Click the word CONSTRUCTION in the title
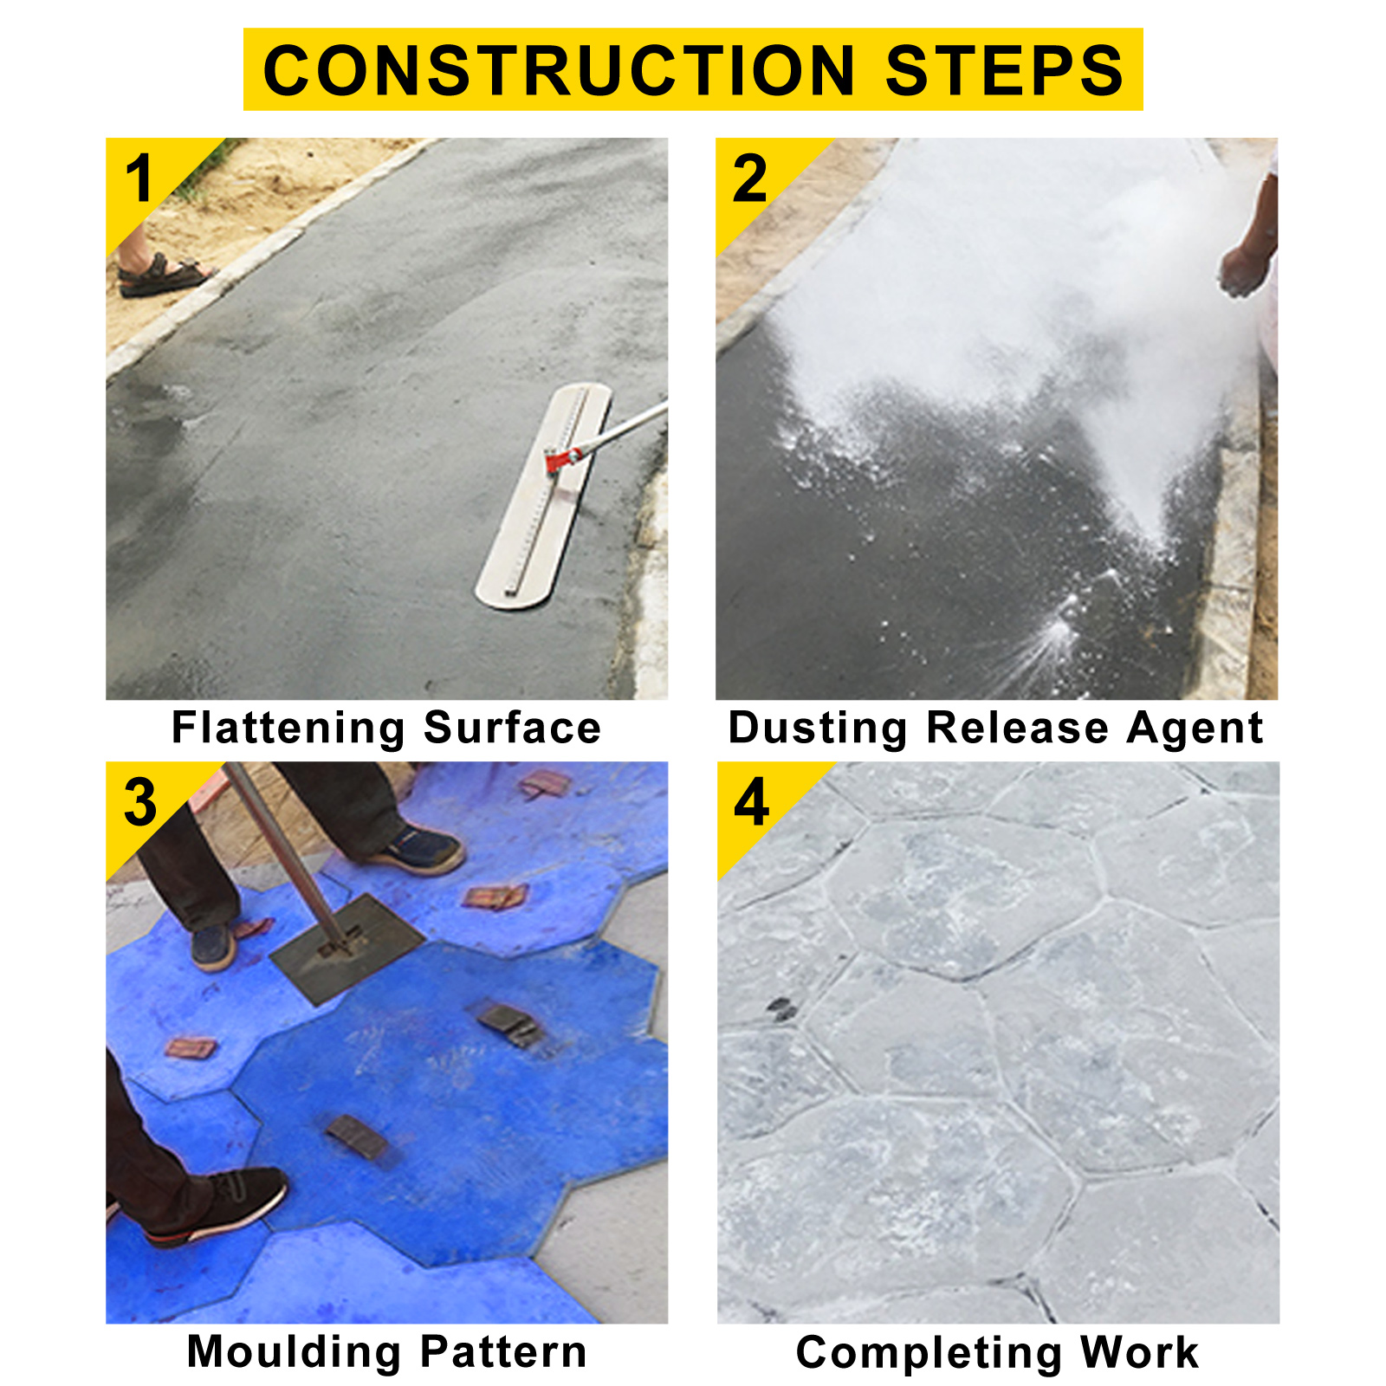click(x=559, y=71)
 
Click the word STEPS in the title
click(x=1003, y=71)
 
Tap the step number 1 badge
click(x=139, y=179)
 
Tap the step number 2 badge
click(x=749, y=179)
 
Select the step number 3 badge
click(x=140, y=802)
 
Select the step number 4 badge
click(x=751, y=802)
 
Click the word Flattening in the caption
click(x=288, y=728)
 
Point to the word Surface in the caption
click(x=512, y=728)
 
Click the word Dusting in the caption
click(x=818, y=728)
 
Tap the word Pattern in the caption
click(x=504, y=1351)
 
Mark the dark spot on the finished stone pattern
click(x=780, y=1008)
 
